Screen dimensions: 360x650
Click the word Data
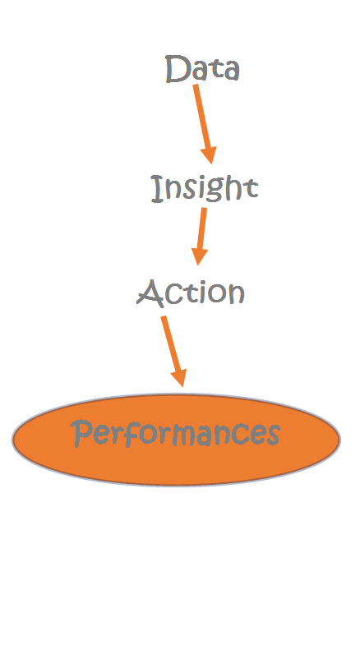tap(202, 69)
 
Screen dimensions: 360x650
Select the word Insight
tap(204, 189)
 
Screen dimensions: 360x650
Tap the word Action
tap(191, 293)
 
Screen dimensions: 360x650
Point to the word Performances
tap(176, 433)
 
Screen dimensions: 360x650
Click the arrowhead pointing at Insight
tap(209, 155)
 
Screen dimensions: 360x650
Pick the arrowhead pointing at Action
tap(199, 256)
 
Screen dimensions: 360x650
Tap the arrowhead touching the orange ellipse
tap(179, 378)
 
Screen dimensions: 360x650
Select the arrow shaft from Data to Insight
tap(202, 116)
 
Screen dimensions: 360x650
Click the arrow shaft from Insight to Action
tap(201, 228)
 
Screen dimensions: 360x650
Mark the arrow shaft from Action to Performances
tap(170, 343)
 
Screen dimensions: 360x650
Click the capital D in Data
tap(178, 69)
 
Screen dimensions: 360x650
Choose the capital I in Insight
tap(157, 189)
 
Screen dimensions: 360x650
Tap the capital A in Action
tap(150, 293)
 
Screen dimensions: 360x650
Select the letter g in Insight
tap(217, 192)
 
